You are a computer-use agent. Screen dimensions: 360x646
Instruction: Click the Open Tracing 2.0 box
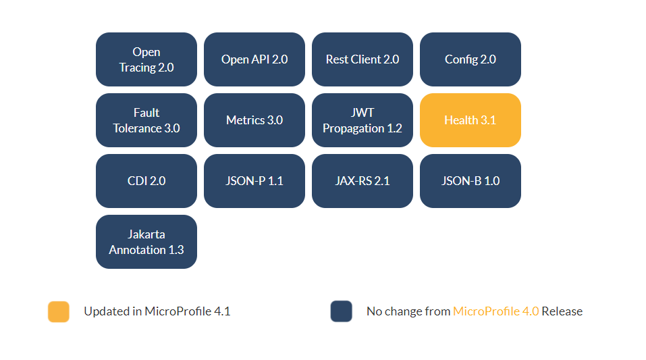[x=146, y=59]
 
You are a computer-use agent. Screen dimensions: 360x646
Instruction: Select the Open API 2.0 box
[x=254, y=59]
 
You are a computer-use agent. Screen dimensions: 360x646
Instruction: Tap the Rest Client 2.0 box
[x=362, y=59]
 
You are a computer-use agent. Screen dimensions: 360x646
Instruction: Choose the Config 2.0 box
[x=470, y=59]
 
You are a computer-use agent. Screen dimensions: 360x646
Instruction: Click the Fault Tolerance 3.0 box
[x=146, y=120]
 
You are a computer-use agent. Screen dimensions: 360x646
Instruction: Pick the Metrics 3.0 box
[x=254, y=120]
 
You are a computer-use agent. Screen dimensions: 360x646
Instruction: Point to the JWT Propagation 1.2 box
[x=362, y=120]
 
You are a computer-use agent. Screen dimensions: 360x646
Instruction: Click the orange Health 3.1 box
[x=470, y=120]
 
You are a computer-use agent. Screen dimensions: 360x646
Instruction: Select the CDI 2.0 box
[x=146, y=181]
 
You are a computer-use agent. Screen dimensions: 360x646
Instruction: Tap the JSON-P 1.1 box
[x=254, y=181]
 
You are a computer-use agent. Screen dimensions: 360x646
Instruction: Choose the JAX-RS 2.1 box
[x=362, y=181]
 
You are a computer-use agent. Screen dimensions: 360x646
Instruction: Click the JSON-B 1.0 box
[x=470, y=181]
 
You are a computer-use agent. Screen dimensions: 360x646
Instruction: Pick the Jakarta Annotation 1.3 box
[x=146, y=242]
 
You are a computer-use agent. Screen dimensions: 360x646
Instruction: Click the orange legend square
[x=59, y=311]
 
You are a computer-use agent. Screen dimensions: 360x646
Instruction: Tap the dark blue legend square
[x=342, y=311]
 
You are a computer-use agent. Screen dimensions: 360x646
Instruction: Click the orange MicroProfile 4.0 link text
[x=495, y=311]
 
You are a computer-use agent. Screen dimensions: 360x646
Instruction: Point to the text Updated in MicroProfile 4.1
[x=157, y=311]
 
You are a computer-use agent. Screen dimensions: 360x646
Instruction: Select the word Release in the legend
[x=562, y=311]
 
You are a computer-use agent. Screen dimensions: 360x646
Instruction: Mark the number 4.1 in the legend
[x=222, y=311]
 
